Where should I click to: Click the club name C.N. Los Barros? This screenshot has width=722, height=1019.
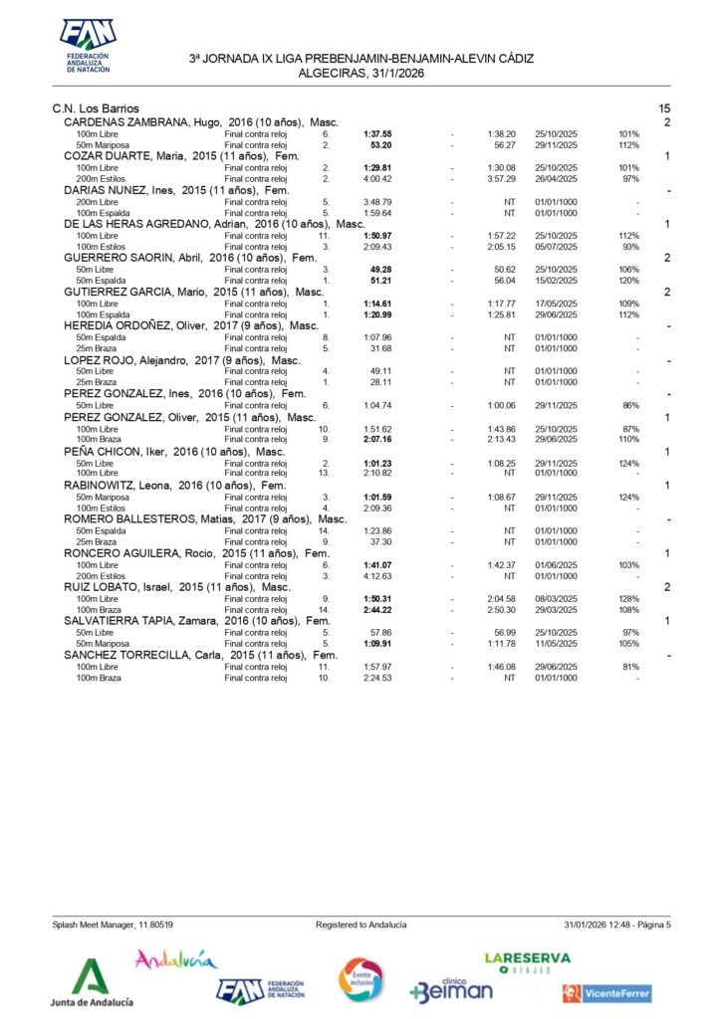[96, 107]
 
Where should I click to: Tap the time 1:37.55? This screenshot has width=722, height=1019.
[377, 133]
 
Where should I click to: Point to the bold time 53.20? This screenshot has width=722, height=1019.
[380, 145]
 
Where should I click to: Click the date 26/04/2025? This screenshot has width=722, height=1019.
[556, 179]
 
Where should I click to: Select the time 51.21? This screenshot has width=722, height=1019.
[380, 281]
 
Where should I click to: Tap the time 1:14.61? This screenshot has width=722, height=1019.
[377, 304]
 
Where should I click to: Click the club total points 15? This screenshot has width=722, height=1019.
[664, 107]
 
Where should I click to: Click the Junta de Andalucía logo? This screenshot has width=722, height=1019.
[92, 983]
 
